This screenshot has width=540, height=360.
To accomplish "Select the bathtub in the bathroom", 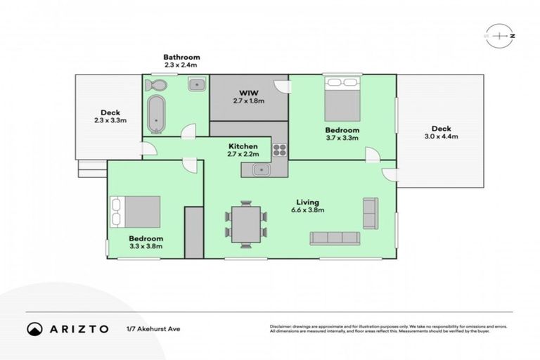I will (156, 114).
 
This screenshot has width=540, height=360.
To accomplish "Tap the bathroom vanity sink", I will (197, 85).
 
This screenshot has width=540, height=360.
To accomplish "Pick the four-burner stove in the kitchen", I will (279, 149).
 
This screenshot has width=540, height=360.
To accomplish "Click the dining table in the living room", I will (246, 223).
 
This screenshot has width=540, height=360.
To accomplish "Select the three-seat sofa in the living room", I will (335, 238).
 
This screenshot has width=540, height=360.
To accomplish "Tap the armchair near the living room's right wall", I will (370, 208).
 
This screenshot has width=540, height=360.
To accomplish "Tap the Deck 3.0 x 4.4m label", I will (440, 133).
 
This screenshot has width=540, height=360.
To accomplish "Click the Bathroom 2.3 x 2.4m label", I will (182, 60).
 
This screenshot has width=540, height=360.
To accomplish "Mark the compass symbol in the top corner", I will (500, 35).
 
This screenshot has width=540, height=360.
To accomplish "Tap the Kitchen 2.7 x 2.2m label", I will (243, 150).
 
